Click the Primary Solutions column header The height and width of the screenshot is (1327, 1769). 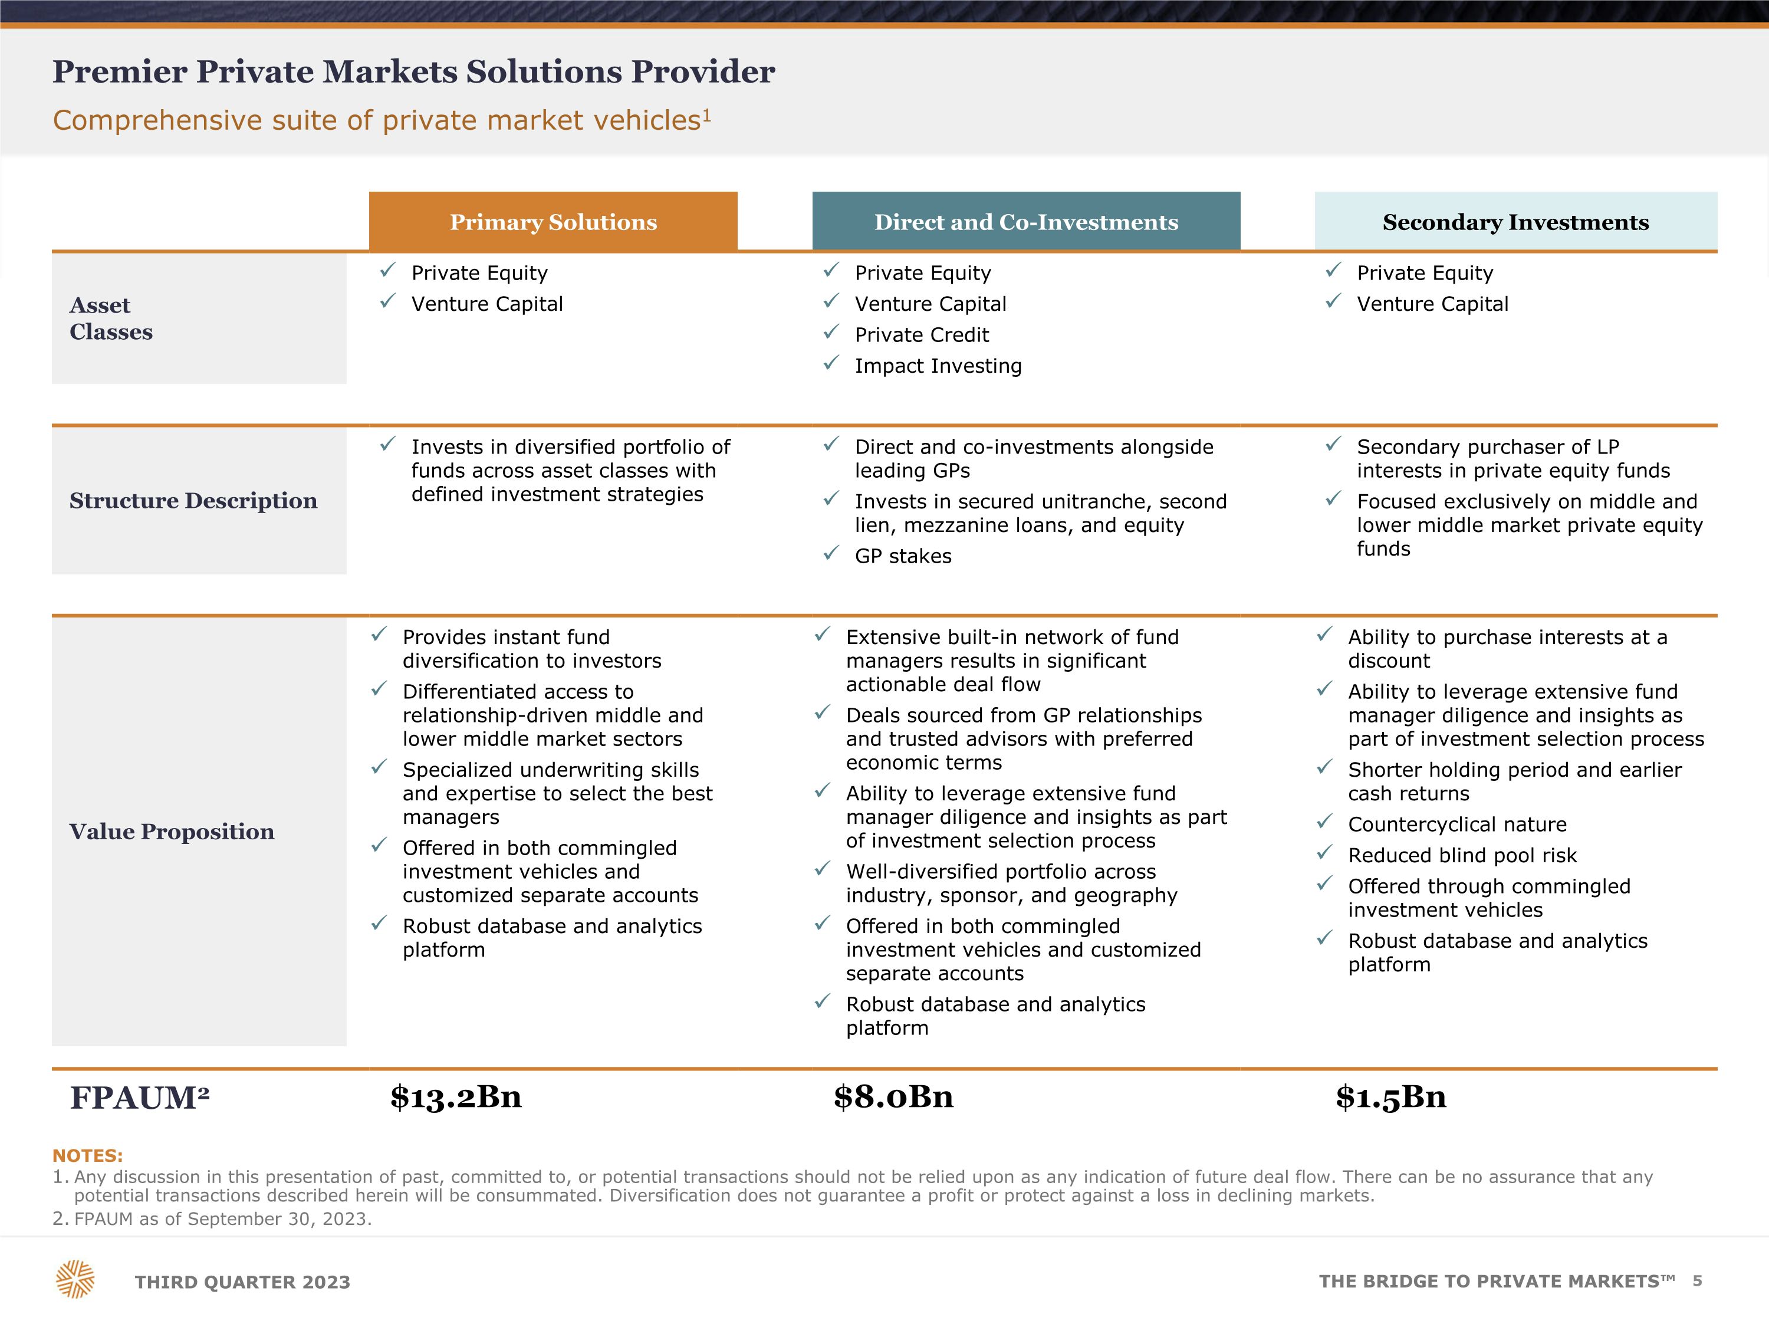pyautogui.click(x=553, y=222)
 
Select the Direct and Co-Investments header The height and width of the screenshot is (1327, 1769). pyautogui.click(x=1026, y=222)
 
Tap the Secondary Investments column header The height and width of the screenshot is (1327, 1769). pyautogui.click(x=1515, y=222)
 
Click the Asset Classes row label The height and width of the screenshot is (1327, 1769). pyautogui.click(x=111, y=318)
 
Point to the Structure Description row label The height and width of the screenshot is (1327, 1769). pyautogui.click(x=193, y=501)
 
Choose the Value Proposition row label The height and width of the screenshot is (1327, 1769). pyautogui.click(x=172, y=832)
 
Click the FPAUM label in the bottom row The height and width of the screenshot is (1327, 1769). pyautogui.click(x=140, y=1098)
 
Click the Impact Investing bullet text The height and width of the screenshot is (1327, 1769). pyautogui.click(x=938, y=366)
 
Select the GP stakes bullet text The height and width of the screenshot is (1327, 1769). pyautogui.click(x=903, y=556)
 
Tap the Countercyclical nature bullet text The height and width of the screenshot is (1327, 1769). pyautogui.click(x=1457, y=825)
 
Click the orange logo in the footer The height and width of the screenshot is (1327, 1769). pyautogui.click(x=75, y=1279)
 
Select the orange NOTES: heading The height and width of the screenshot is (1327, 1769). pyautogui.click(x=87, y=1156)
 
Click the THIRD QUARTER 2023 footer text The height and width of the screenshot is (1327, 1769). pyautogui.click(x=242, y=1282)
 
